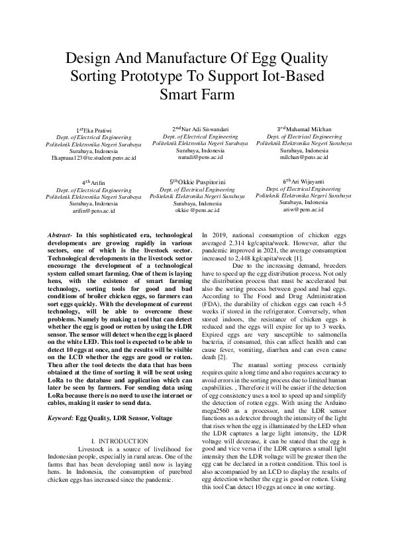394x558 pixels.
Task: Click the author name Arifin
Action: [95, 182]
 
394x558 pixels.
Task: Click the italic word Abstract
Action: [60, 235]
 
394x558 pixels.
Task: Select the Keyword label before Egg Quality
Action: [61, 418]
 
